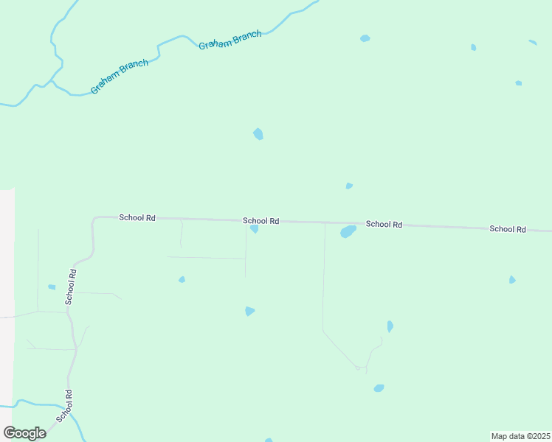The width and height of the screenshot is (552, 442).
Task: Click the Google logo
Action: click(x=25, y=432)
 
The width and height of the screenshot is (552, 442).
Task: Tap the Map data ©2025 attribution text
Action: click(x=520, y=436)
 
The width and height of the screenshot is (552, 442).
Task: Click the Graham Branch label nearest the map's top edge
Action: click(x=230, y=41)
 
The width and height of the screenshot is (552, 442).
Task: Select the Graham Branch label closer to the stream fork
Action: click(x=119, y=77)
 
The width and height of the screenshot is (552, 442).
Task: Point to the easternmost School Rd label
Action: click(x=507, y=229)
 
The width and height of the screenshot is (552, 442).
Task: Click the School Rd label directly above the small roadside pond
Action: click(x=261, y=221)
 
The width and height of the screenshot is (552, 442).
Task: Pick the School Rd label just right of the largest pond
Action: click(x=383, y=224)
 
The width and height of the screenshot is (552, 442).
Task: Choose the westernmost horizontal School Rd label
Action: click(x=137, y=218)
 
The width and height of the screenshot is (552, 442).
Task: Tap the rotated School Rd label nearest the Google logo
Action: click(x=63, y=406)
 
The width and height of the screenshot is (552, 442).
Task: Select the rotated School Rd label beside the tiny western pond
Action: click(x=71, y=287)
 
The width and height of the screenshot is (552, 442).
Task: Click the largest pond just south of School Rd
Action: click(x=348, y=232)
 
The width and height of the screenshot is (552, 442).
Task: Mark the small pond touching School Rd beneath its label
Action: click(x=254, y=229)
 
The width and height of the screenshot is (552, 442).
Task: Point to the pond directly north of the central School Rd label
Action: click(x=258, y=134)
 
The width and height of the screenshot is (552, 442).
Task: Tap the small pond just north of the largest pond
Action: click(x=349, y=186)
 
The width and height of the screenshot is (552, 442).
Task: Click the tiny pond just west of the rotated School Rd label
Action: click(x=52, y=287)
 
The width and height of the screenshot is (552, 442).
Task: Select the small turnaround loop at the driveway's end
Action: click(x=358, y=367)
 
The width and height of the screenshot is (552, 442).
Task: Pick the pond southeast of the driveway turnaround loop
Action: click(x=379, y=388)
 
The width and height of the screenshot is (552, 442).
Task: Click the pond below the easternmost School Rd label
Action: click(x=511, y=280)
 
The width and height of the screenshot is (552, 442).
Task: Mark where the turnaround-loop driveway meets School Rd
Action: click(x=325, y=222)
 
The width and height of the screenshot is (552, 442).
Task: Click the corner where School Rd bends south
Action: click(x=94, y=220)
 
